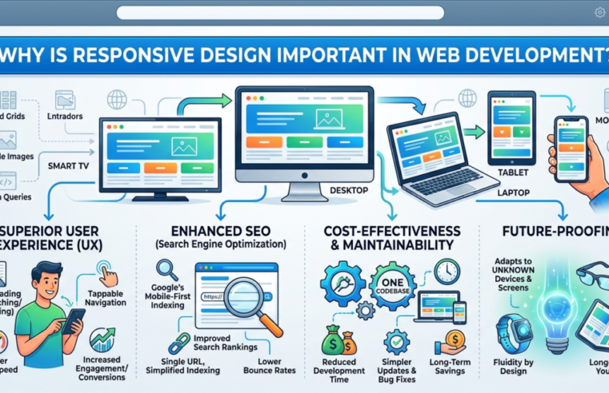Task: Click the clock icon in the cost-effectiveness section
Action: [x=446, y=272]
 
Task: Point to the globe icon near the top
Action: [x=117, y=100]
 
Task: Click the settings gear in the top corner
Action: [x=599, y=13]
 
